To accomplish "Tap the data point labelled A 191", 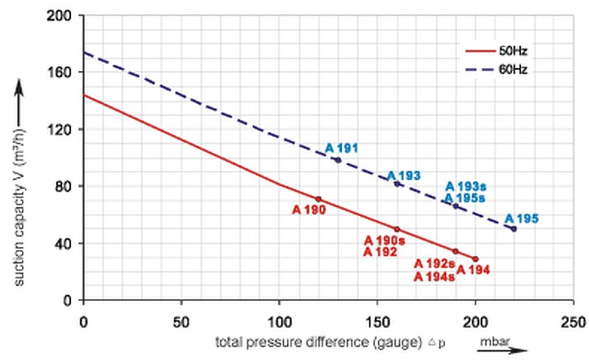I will pyautogui.click(x=337, y=160).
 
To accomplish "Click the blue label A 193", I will pyautogui.click(x=403, y=176).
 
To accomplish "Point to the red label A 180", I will pyautogui.click(x=309, y=209).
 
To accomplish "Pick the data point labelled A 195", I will pyautogui.click(x=514, y=229).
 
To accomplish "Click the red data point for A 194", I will pyautogui.click(x=475, y=259).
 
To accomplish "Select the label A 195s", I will pyautogui.click(x=465, y=198).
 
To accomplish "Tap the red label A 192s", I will pyautogui.click(x=434, y=264).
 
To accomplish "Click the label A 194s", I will pyautogui.click(x=434, y=276).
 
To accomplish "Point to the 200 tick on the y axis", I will pyautogui.click(x=63, y=16).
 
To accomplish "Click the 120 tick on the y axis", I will pyautogui.click(x=63, y=130).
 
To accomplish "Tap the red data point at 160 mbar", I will pyautogui.click(x=397, y=229).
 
